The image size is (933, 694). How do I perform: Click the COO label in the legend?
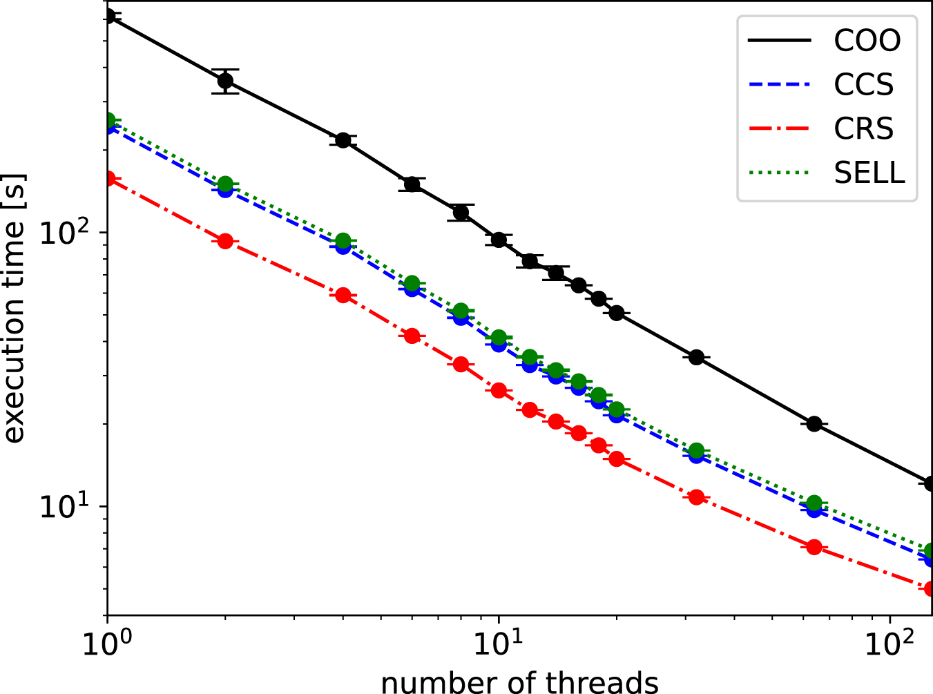867,41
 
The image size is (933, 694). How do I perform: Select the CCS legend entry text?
863,85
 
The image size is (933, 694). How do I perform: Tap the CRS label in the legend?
863,129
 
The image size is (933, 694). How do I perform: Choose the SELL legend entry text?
869,173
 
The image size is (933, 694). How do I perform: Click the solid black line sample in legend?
779,41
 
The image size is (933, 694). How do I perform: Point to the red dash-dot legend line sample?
779,129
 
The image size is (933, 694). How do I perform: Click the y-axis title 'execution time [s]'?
14,308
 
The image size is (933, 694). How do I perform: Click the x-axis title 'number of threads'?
519,682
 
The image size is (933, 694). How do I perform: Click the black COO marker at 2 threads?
225,81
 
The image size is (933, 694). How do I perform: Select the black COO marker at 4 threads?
343,140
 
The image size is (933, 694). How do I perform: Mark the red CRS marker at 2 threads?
225,241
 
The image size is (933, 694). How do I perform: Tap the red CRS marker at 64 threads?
814,547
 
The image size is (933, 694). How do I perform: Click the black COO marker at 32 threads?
696,357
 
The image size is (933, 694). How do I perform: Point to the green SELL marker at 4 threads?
343,240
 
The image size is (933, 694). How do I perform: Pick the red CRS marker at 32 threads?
696,497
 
